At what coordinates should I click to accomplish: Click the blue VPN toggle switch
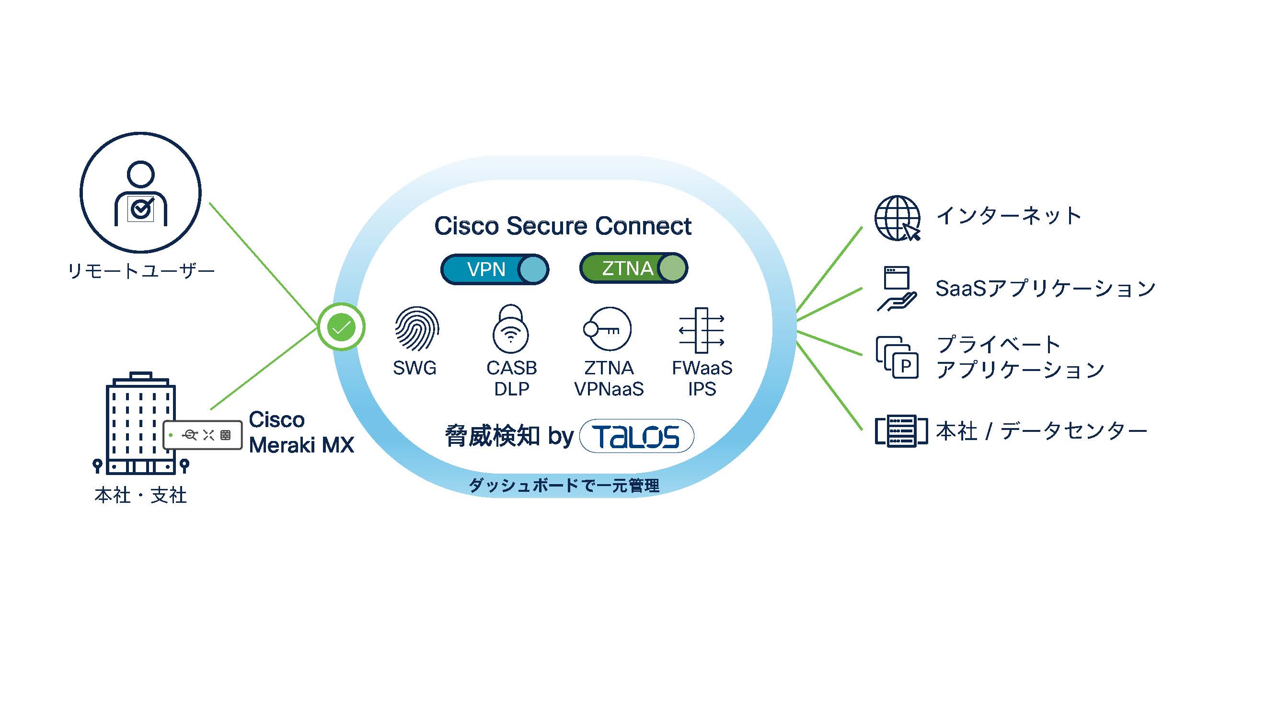point(495,269)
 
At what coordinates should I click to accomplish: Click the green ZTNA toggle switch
point(633,268)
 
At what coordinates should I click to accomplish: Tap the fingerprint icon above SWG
point(417,329)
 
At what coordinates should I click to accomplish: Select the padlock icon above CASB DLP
point(510,329)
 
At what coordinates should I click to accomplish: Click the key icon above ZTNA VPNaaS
point(607,329)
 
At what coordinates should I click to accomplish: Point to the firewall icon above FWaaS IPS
point(701,330)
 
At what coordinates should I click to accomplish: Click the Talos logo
point(636,436)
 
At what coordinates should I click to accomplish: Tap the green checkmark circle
point(341,327)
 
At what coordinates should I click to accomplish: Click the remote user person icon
point(141,193)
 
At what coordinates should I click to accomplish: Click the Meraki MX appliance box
point(203,435)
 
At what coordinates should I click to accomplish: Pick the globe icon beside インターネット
point(897,218)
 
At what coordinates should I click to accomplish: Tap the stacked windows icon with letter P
point(897,357)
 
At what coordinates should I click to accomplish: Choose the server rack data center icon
point(901,431)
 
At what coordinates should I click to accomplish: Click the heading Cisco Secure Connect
point(563,226)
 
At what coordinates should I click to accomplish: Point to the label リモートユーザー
point(141,271)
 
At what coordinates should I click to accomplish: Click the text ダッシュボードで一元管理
point(564,485)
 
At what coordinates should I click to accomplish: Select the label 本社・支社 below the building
point(141,495)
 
